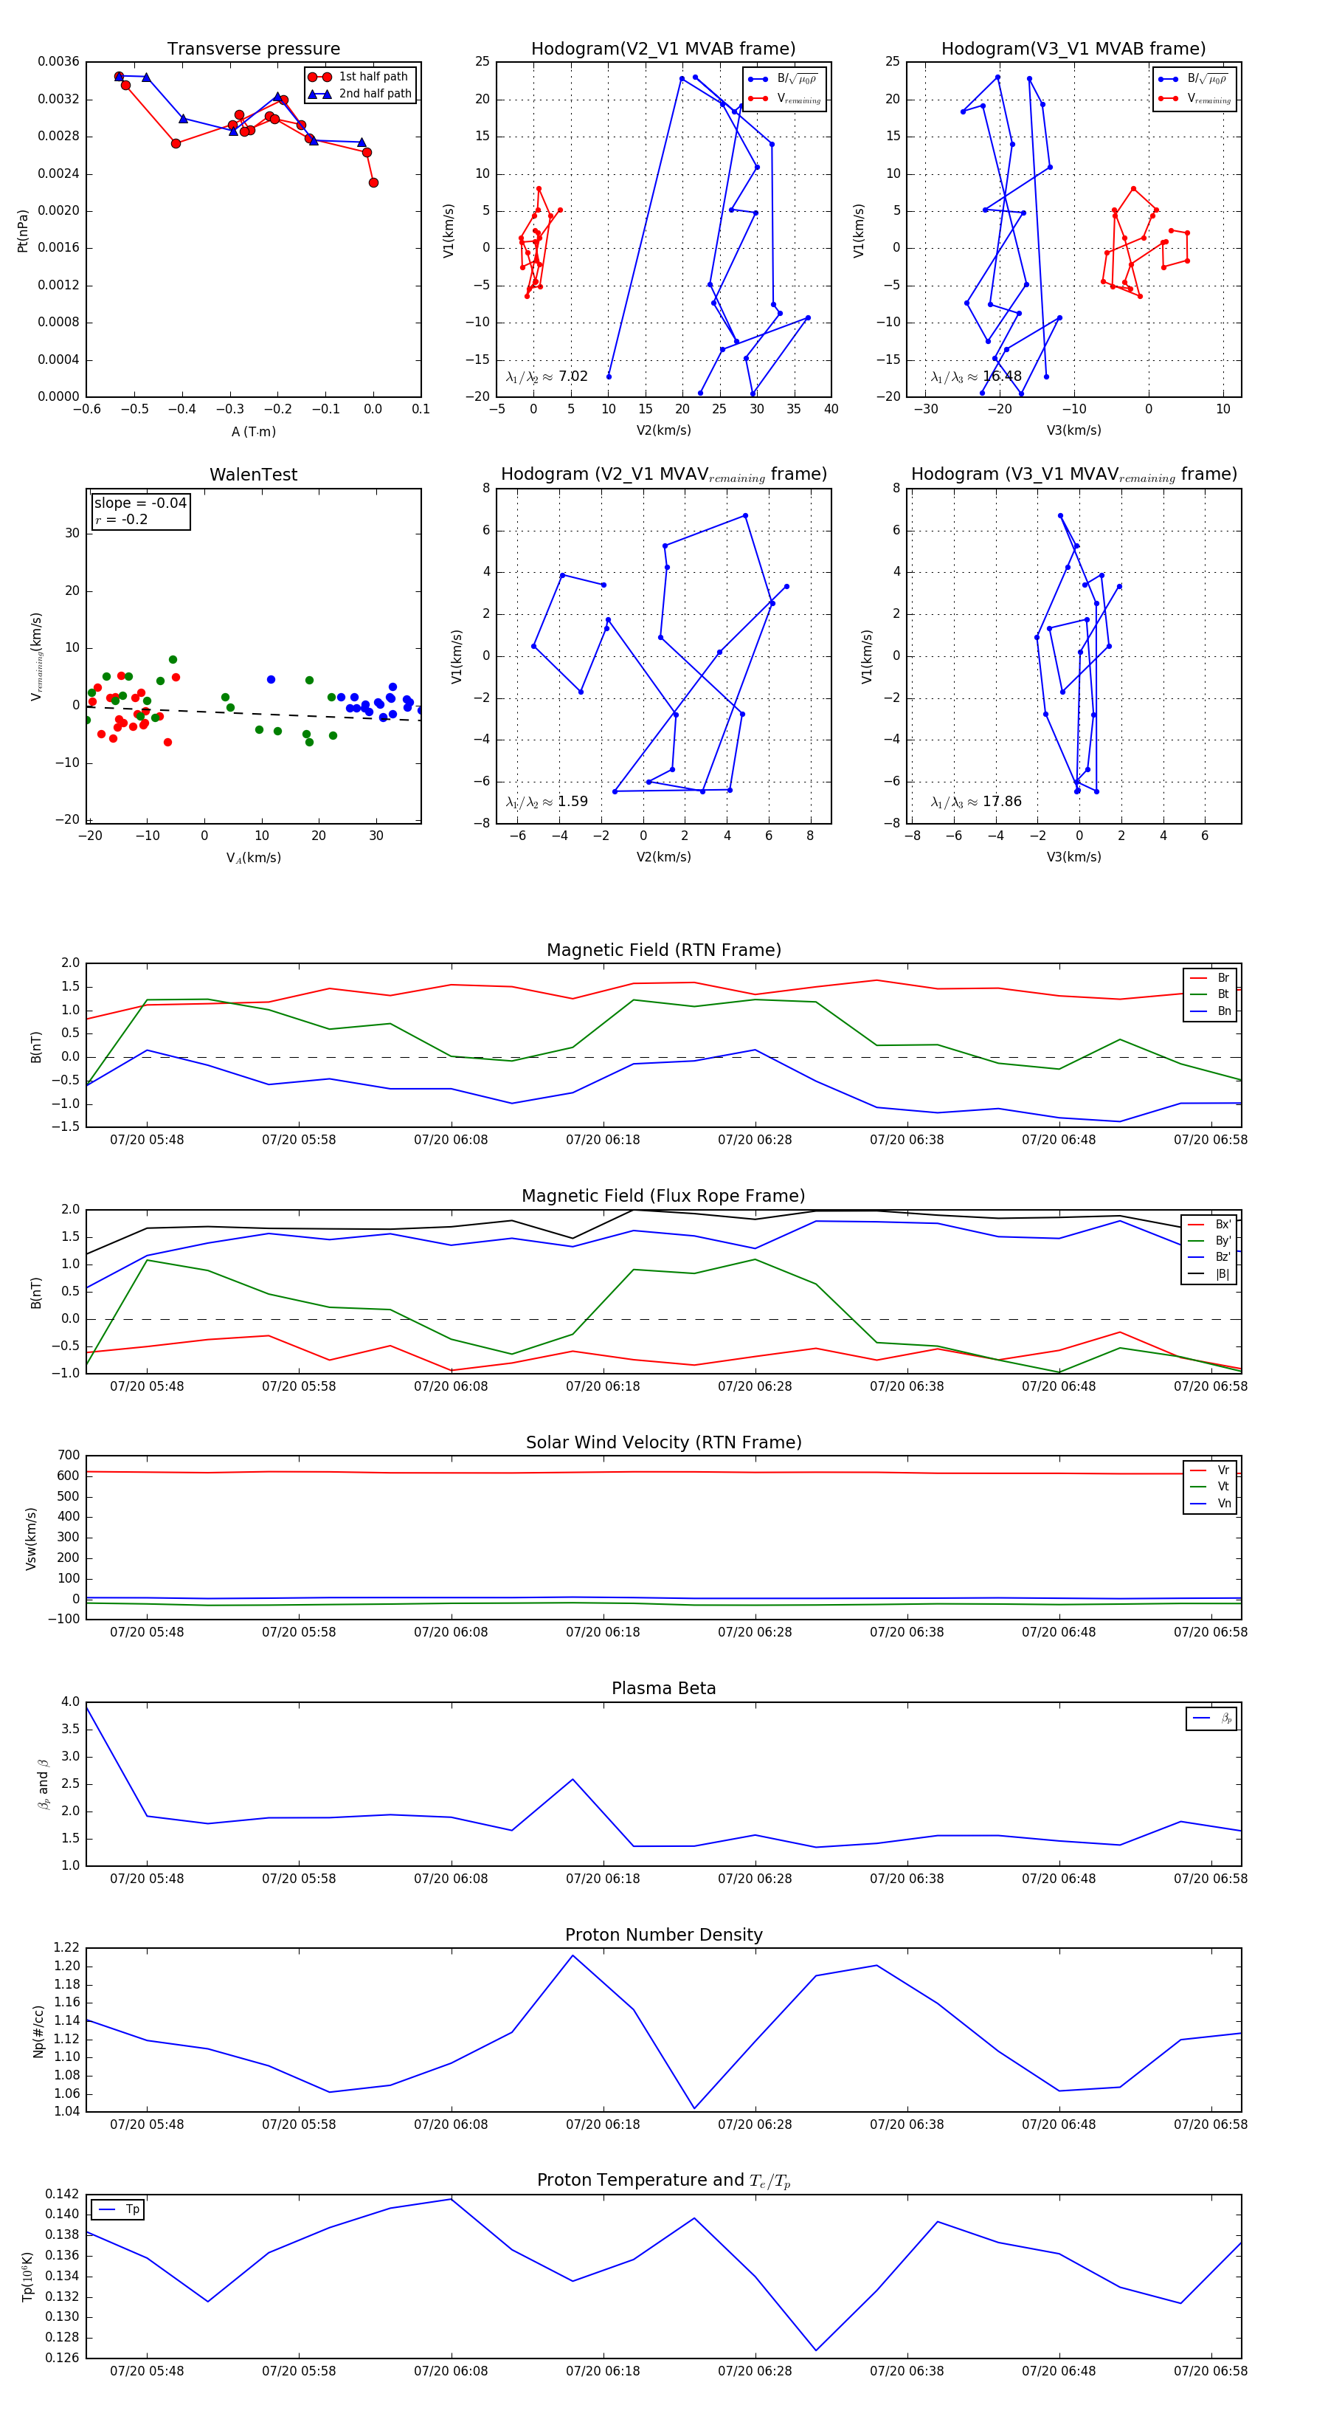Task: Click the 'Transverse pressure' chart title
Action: click(253, 49)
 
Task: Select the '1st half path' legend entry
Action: click(373, 77)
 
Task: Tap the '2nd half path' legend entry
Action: click(374, 94)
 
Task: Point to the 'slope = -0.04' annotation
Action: click(140, 503)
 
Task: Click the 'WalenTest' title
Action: click(253, 475)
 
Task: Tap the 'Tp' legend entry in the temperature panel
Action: click(132, 2209)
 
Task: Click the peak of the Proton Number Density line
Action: click(572, 1955)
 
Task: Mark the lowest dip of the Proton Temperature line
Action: click(816, 2350)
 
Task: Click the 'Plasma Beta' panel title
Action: click(663, 1688)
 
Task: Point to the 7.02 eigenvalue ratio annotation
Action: click(573, 376)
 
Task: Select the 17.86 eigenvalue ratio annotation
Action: click(1001, 802)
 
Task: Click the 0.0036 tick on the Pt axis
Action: click(58, 63)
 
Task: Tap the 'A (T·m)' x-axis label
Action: click(253, 431)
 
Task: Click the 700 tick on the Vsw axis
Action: click(68, 1456)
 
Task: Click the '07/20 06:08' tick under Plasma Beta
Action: click(451, 1878)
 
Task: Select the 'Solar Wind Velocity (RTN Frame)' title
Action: click(663, 1442)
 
